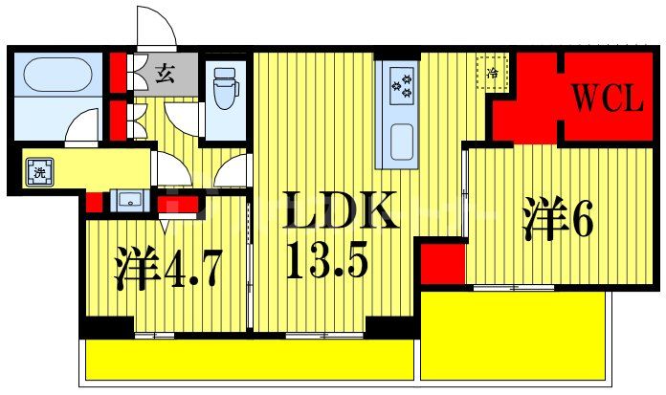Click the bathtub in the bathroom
[54, 75]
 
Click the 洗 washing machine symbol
[39, 175]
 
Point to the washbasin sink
[127, 201]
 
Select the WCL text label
[607, 99]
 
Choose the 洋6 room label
[558, 219]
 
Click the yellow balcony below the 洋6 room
[513, 335]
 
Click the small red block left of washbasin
[94, 202]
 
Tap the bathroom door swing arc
[83, 124]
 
